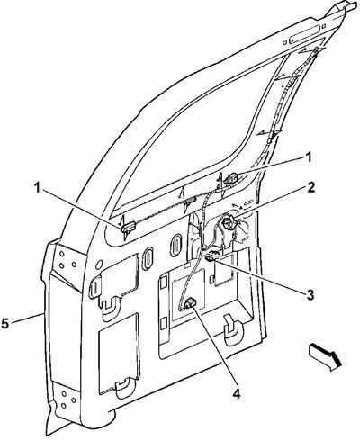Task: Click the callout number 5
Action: [x=5, y=324]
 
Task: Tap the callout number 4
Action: [x=237, y=393]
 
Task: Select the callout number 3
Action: [x=310, y=294]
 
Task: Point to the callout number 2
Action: [x=310, y=188]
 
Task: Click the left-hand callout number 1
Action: [x=37, y=188]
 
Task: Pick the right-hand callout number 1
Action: [x=309, y=157]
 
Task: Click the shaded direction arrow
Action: [x=325, y=357]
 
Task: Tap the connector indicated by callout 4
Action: [x=191, y=303]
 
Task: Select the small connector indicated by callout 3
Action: [x=211, y=258]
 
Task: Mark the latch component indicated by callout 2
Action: [x=229, y=223]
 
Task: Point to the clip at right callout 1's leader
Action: [x=230, y=178]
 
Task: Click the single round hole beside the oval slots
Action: [x=98, y=265]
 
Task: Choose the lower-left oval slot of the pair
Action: [x=148, y=256]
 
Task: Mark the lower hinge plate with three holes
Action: [x=67, y=399]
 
